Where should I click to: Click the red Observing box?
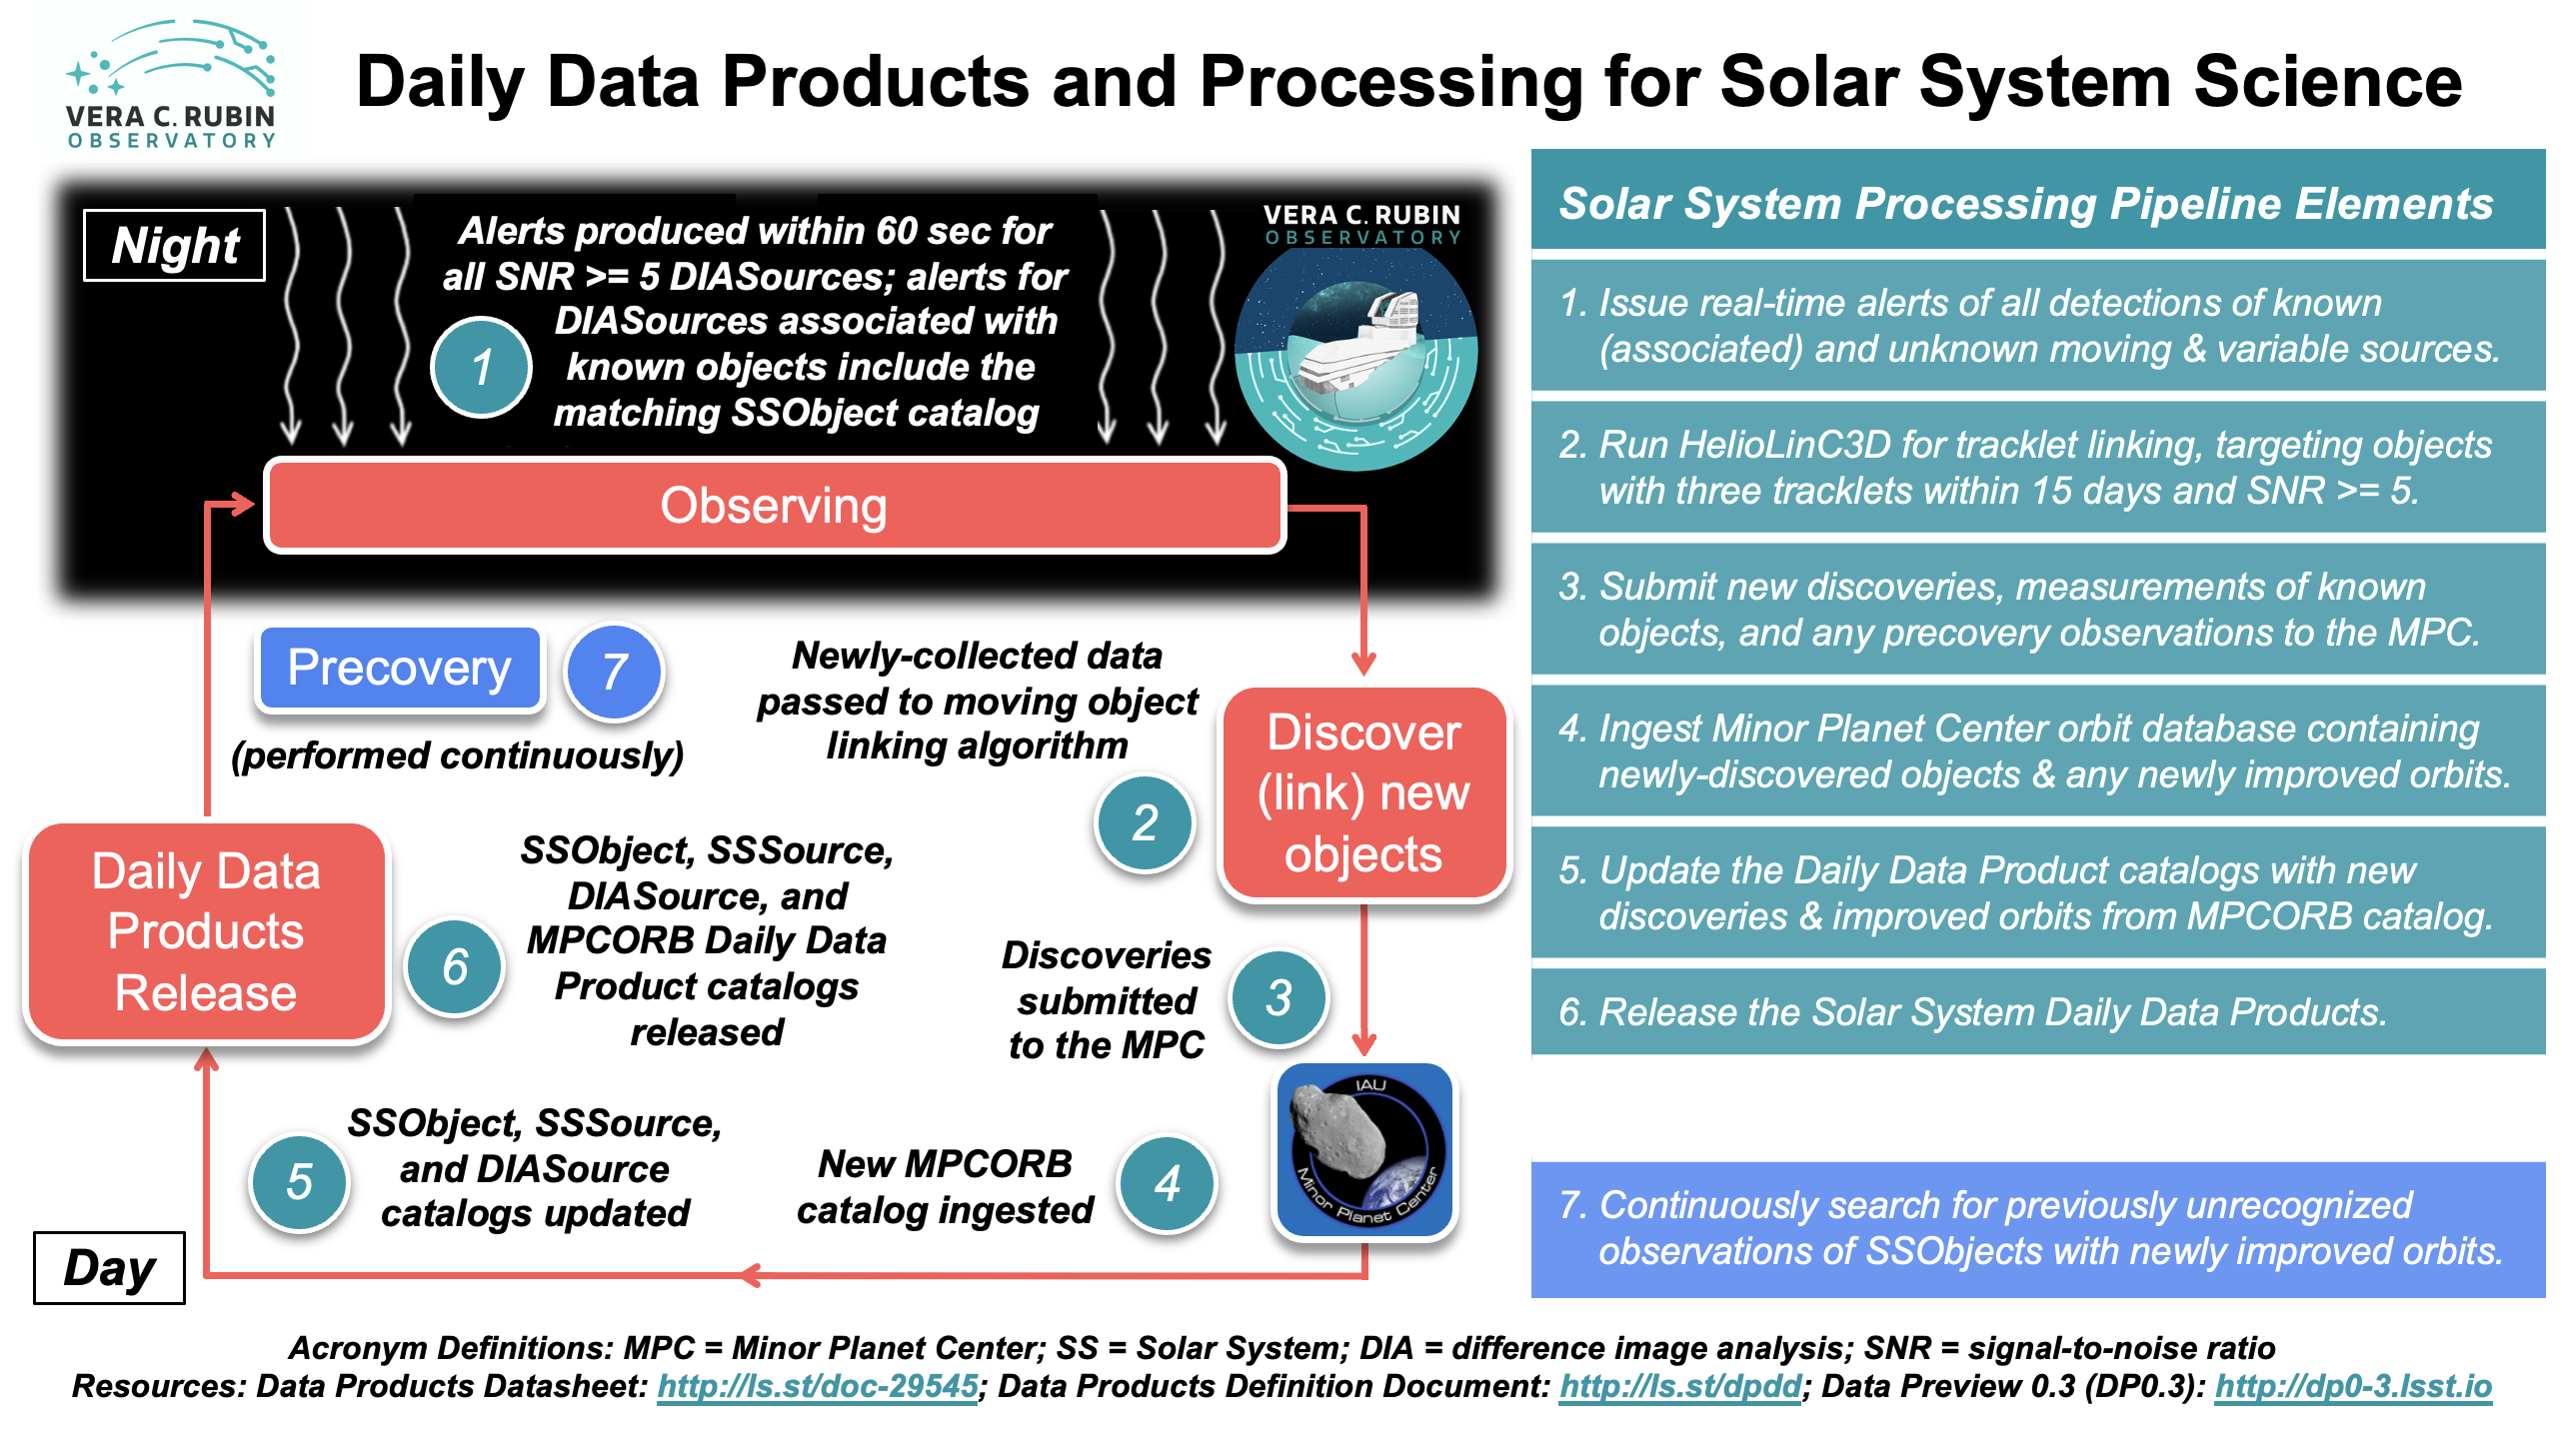(x=774, y=506)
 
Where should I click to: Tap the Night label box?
(x=174, y=246)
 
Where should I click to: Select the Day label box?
(x=109, y=1268)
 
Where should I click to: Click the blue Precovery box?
(x=399, y=669)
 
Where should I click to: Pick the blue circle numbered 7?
(x=614, y=672)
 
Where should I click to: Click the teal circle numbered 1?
(x=481, y=367)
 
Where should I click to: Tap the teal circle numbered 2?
(x=1145, y=823)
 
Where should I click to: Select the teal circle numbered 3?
(x=1279, y=997)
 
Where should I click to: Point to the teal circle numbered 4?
(x=1167, y=1184)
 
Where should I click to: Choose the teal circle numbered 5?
(x=299, y=1183)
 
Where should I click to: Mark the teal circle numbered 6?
(x=455, y=967)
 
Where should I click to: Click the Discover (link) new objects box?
(x=1363, y=793)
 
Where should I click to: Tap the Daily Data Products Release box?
(x=206, y=932)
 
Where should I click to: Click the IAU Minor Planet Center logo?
(x=1364, y=1151)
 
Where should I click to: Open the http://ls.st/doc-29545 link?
(x=817, y=1387)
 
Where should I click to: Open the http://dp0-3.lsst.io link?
(x=2352, y=1387)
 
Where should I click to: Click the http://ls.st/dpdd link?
(x=1679, y=1387)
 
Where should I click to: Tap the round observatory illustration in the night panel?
(x=1356, y=358)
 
